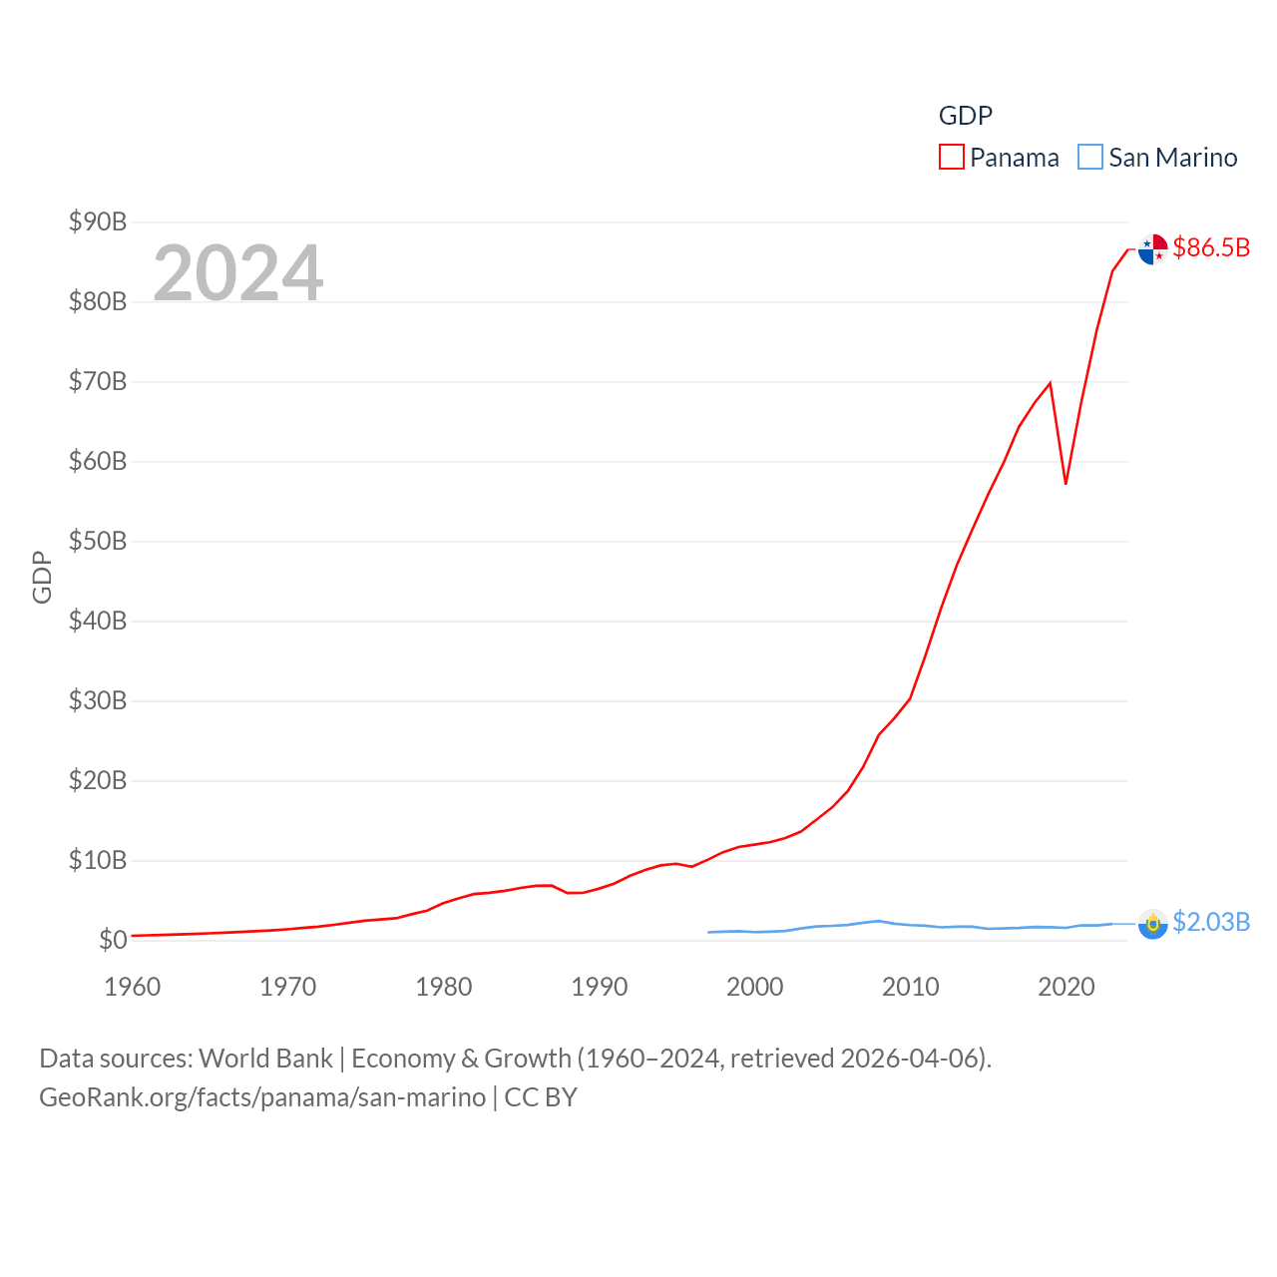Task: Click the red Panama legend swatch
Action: pos(952,158)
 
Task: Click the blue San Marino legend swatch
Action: pos(1090,158)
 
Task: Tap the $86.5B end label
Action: pos(1211,247)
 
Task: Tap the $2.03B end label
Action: pos(1211,922)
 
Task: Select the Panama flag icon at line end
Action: pos(1152,249)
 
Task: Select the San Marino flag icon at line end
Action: pos(1152,925)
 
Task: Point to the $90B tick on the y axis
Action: pos(98,221)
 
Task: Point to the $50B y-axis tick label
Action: pos(98,541)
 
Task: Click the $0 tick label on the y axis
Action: pos(113,940)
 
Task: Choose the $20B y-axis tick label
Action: pos(98,780)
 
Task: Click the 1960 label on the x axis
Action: pos(133,987)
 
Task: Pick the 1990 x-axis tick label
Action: pos(600,987)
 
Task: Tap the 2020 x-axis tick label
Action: pos(1066,987)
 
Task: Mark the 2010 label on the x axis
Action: pos(911,987)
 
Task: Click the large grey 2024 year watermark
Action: pos(238,272)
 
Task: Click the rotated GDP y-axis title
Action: pos(42,577)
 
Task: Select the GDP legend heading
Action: pos(966,116)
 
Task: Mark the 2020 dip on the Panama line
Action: pos(1065,483)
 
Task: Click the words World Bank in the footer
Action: pos(266,1059)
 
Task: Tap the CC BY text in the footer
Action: pos(541,1097)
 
